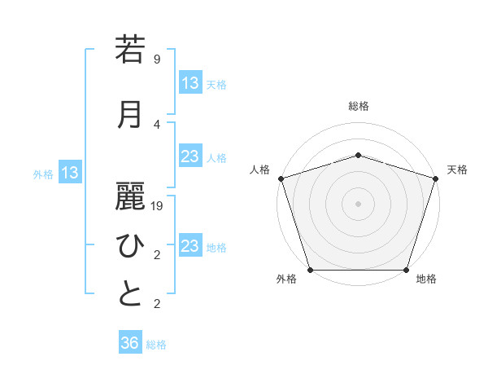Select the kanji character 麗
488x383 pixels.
(x=130, y=195)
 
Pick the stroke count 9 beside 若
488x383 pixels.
(x=157, y=59)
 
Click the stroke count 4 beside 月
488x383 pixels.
(x=157, y=125)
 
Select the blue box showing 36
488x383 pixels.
(x=130, y=343)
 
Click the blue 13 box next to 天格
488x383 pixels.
(x=190, y=83)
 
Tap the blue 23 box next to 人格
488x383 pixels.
(x=190, y=157)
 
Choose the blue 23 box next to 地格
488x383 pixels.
(x=190, y=246)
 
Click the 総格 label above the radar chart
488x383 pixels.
(x=359, y=106)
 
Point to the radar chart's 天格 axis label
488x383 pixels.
(x=457, y=169)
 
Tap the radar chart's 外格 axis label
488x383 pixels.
(x=286, y=279)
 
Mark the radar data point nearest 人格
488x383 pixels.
(x=281, y=178)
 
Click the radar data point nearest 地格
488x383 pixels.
(x=406, y=270)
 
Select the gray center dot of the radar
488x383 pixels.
(x=358, y=204)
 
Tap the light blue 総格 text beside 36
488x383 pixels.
(x=156, y=345)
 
